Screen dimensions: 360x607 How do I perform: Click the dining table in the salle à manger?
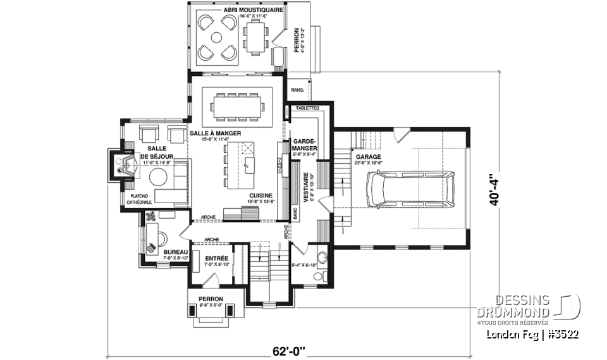[237, 106]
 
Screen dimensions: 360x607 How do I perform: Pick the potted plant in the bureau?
[152, 217]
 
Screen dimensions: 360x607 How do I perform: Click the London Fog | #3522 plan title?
[532, 334]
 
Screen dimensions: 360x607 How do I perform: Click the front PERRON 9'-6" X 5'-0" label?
[211, 301]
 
